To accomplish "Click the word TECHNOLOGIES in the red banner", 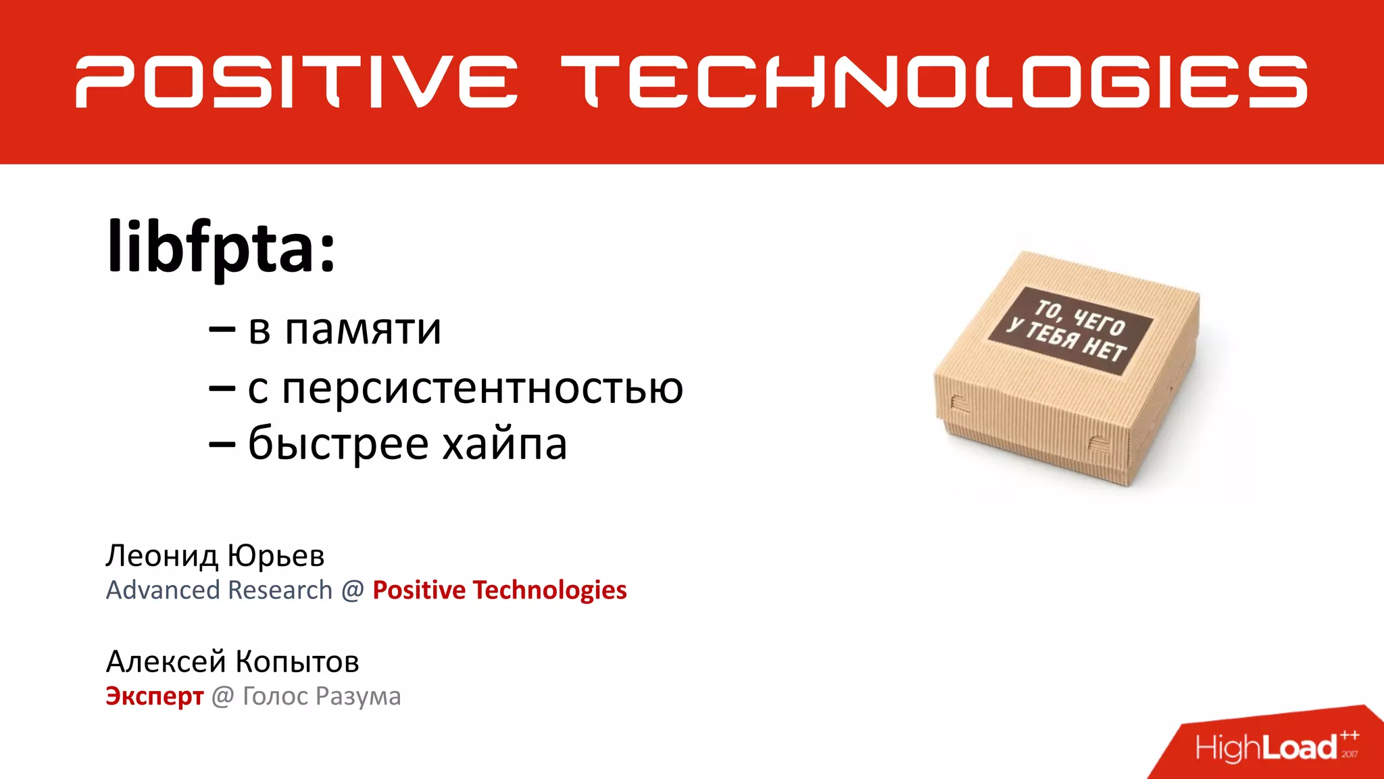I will point(934,82).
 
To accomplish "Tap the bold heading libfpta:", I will point(221,246).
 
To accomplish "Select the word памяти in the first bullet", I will point(363,329).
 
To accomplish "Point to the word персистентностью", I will point(483,388).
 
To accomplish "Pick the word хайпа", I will point(504,444).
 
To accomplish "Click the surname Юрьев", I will point(276,556).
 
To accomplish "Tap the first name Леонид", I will point(162,556).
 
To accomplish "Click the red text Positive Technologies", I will point(499,590).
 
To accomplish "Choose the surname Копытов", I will point(297,661).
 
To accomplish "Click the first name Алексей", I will point(166,661).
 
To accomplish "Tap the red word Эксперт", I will point(154,696).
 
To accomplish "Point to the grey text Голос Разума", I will point(322,697).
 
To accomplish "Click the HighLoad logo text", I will point(1265,747).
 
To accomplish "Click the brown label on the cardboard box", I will point(1071,331).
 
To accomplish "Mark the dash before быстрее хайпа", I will point(222,445).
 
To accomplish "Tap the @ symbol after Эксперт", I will point(223,697).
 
